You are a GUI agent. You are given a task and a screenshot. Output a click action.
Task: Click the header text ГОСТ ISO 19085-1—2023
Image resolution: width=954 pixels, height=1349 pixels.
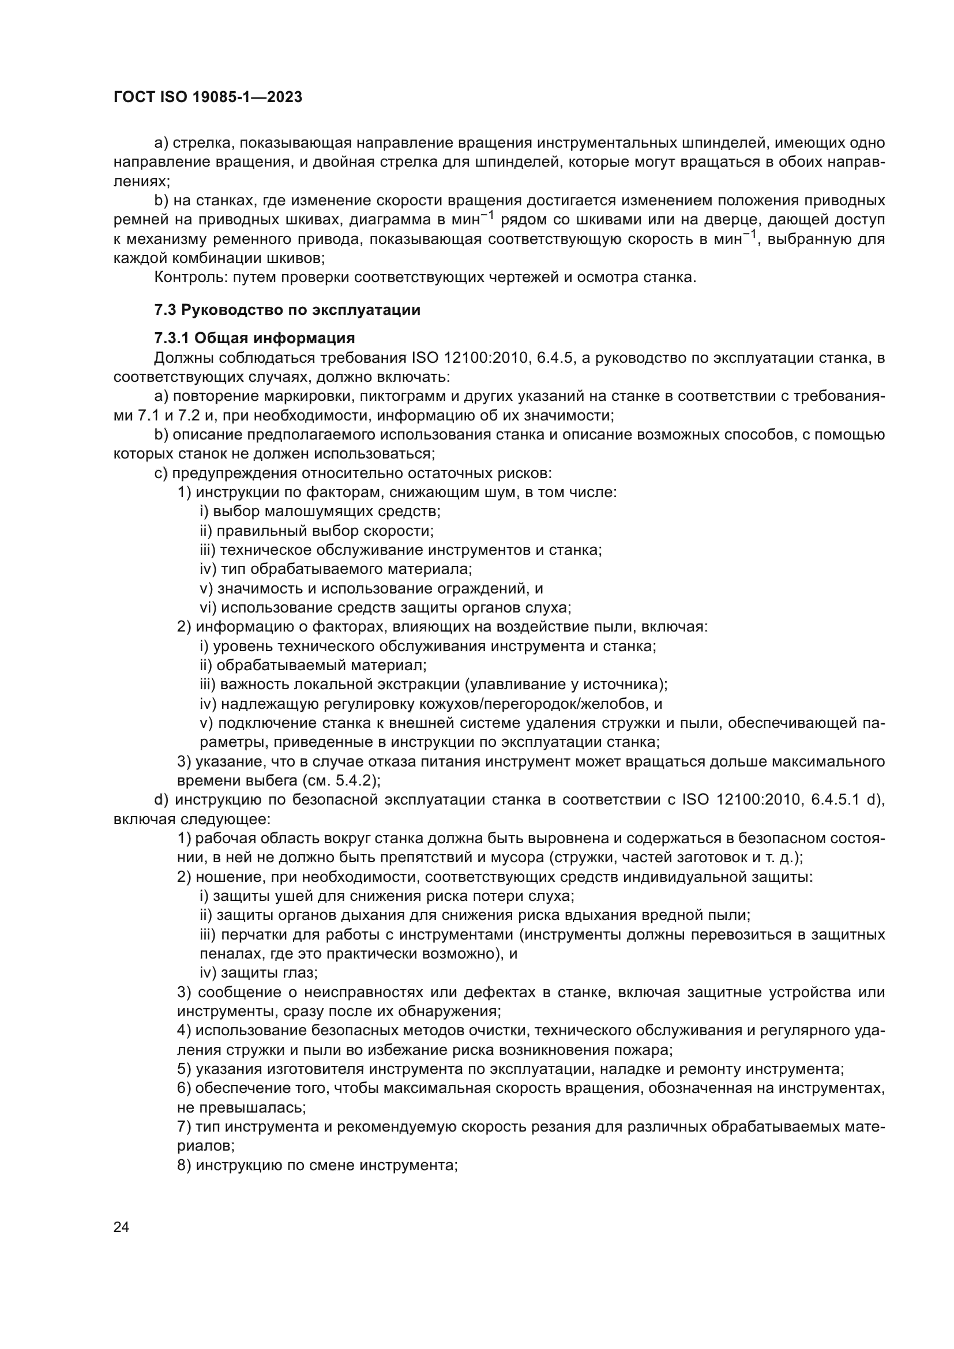(x=208, y=97)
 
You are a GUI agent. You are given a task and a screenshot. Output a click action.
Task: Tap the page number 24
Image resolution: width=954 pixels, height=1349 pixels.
(x=121, y=1227)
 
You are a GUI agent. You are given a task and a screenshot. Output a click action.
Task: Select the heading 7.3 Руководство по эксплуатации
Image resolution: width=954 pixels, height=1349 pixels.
(x=287, y=310)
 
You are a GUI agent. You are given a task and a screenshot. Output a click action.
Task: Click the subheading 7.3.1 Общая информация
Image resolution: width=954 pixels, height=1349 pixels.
(x=254, y=338)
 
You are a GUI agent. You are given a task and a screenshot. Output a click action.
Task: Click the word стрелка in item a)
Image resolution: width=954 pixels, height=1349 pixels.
(x=204, y=143)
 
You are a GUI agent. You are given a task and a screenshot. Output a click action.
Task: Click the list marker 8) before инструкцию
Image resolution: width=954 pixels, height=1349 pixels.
(x=184, y=1165)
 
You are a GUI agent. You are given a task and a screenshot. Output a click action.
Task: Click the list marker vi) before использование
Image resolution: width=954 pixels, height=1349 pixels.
(x=208, y=607)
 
